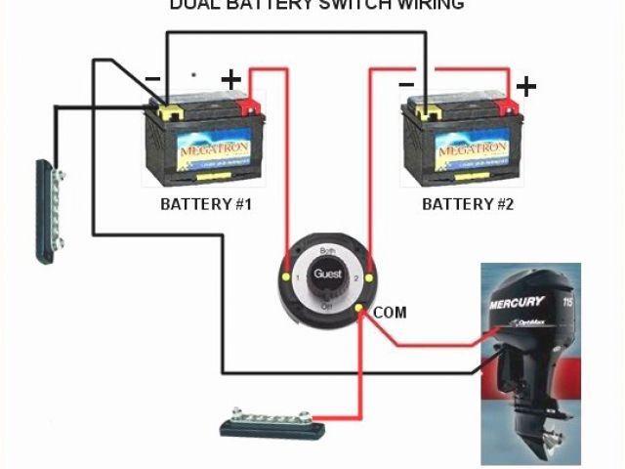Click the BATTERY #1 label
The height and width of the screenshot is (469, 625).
pos(206,205)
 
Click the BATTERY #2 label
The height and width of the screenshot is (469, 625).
pos(468,205)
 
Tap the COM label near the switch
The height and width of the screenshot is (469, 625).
pos(390,313)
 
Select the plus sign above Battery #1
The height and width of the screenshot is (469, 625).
pos(231,79)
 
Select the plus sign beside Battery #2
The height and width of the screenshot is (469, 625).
pos(526,87)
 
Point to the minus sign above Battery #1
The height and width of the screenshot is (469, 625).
pos(152,77)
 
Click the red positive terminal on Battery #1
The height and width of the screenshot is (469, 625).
pos(250,104)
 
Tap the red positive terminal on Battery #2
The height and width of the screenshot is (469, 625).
pos(508,105)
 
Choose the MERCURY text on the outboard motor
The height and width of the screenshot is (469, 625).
pos(520,304)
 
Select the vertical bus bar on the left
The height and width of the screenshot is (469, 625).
pos(49,210)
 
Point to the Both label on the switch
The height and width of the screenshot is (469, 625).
pos(328,252)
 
